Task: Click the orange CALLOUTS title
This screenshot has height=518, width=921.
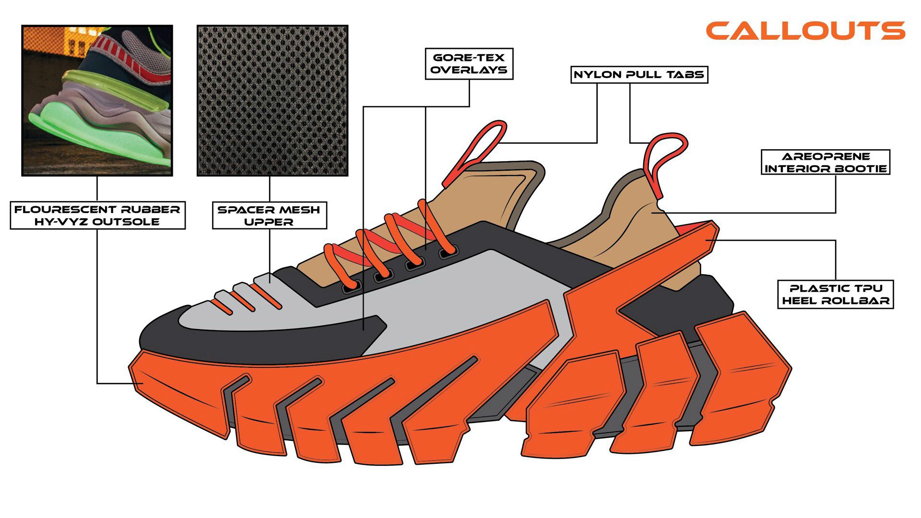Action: coord(805,31)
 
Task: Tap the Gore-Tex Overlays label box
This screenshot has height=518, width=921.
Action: coord(469,64)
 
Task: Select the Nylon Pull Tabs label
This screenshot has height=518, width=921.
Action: coord(639,75)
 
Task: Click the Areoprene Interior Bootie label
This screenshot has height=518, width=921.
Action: coord(825,163)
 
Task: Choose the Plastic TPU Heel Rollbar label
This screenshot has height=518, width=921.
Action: coord(835,294)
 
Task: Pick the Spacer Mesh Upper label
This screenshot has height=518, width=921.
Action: coord(269,215)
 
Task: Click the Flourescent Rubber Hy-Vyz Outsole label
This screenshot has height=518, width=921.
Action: coord(97,215)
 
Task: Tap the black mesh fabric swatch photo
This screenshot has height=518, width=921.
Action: coord(272,101)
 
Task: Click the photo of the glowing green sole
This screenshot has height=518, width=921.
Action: coord(97,101)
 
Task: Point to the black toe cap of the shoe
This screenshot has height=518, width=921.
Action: coord(163,336)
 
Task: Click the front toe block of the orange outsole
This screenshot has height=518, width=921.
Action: coord(177,393)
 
